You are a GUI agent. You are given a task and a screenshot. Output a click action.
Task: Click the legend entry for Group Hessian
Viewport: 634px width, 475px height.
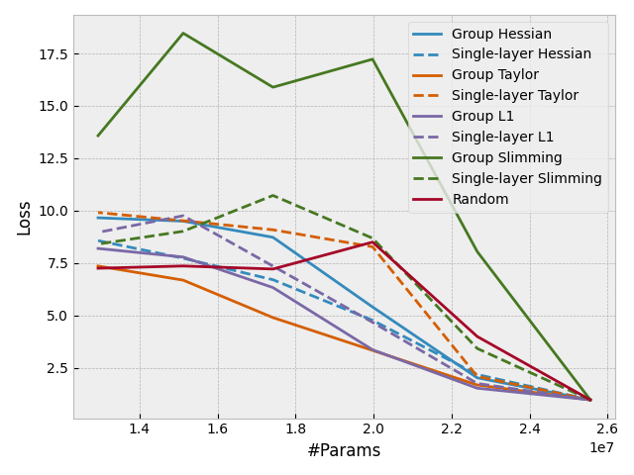501,35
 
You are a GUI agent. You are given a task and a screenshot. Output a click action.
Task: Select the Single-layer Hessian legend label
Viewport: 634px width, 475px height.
521,54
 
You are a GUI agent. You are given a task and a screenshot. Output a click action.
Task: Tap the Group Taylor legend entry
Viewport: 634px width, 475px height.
495,75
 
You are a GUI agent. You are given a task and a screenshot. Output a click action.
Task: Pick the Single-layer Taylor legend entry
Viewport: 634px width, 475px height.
515,96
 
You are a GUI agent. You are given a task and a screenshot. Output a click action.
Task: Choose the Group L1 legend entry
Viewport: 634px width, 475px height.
482,117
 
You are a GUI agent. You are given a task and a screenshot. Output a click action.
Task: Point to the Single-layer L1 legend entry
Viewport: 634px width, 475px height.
502,138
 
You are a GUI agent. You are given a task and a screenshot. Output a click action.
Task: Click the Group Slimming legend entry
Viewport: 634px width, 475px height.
506,158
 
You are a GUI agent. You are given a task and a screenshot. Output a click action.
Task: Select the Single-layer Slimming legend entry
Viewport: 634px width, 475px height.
526,179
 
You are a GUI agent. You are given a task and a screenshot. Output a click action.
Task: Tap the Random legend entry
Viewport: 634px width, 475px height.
480,200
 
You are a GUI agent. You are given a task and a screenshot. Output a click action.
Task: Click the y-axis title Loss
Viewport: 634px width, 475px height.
24,218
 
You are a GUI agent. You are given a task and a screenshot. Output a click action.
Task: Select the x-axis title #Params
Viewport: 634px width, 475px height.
344,451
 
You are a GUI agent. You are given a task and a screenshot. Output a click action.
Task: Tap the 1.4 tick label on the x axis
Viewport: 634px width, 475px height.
140,428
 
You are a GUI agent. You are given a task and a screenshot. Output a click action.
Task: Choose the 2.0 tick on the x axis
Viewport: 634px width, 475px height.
373,428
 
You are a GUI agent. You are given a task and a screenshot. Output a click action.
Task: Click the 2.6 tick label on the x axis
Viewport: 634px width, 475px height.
607,428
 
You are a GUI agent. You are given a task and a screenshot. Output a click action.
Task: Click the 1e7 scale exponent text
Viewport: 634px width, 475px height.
601,448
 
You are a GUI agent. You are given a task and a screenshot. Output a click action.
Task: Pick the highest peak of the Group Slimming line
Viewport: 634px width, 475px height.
183,34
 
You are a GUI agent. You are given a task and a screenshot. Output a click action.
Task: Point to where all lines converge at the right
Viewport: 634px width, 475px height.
590,400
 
